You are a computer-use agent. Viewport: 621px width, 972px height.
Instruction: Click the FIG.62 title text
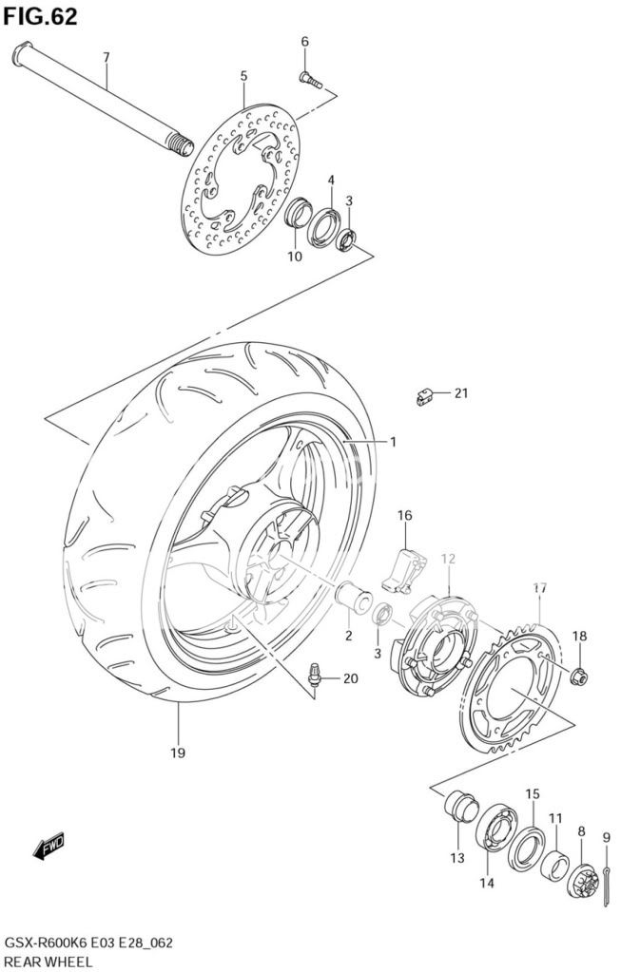point(40,17)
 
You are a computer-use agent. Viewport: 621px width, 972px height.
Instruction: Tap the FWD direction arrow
point(49,848)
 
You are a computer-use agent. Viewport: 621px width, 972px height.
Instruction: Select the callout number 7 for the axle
point(107,57)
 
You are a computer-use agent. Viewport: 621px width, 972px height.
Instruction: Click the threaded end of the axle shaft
point(181,146)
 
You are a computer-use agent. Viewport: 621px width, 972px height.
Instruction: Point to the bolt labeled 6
point(311,80)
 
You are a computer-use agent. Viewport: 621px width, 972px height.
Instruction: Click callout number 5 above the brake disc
point(243,76)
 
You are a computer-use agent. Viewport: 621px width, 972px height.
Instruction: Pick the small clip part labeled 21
point(424,396)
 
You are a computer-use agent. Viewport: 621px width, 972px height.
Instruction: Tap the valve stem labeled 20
point(316,675)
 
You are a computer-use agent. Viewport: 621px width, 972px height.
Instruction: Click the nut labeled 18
point(579,677)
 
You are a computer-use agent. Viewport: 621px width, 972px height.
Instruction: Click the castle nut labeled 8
point(582,880)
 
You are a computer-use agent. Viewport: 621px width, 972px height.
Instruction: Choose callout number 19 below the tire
point(178,753)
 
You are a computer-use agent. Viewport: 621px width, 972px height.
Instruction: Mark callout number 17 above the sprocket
point(540,587)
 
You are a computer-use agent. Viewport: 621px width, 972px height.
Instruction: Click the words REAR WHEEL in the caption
point(49,962)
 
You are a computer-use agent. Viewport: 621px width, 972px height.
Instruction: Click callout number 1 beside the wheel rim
point(394,442)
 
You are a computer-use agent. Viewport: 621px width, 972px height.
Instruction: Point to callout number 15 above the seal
point(533,794)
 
